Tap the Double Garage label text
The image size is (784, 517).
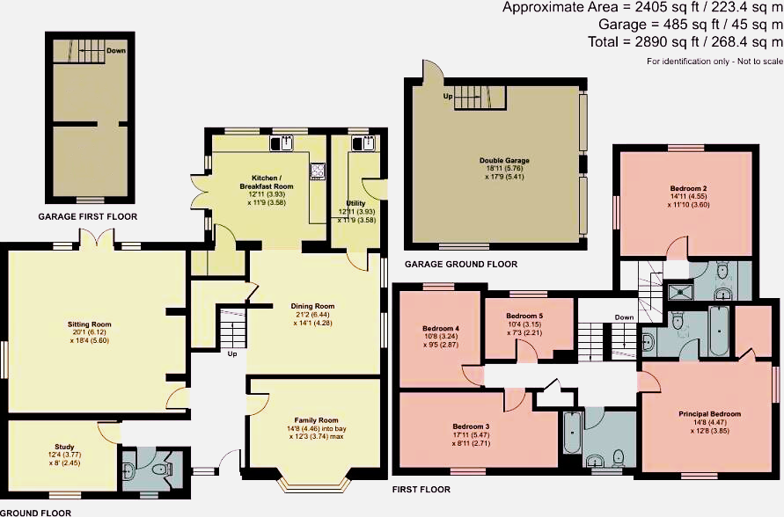[x=504, y=160]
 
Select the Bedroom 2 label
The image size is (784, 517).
[x=687, y=188]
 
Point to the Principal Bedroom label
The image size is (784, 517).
[x=709, y=413]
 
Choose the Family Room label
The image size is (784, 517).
[x=315, y=420]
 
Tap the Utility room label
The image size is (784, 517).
[x=355, y=202]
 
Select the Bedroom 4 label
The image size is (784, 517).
[x=441, y=329]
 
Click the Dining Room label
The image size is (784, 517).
[x=313, y=306]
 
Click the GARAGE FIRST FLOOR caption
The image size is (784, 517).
[x=87, y=216]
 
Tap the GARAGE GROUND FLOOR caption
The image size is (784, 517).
[x=460, y=264]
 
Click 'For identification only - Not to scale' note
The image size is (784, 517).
[x=714, y=62]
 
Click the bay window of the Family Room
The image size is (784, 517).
[x=314, y=484]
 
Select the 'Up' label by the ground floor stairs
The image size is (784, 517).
[x=232, y=354]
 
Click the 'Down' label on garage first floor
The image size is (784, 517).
[x=115, y=51]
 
